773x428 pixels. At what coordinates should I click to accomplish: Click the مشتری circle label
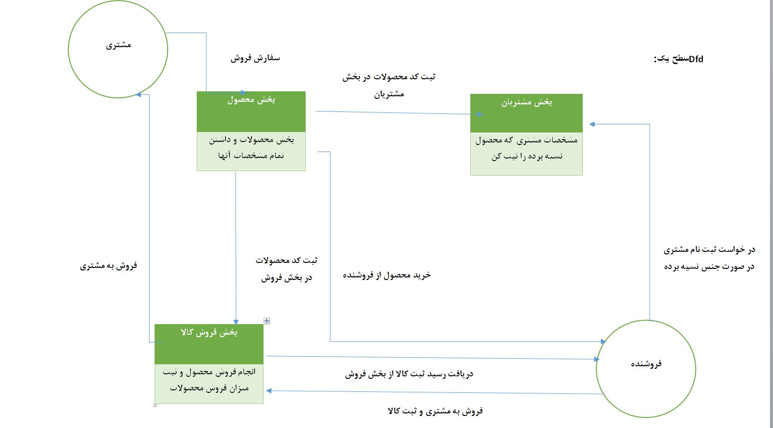pyautogui.click(x=118, y=45)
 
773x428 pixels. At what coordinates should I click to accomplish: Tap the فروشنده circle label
pyautogui.click(x=646, y=363)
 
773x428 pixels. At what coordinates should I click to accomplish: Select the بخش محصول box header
pyautogui.click(x=251, y=100)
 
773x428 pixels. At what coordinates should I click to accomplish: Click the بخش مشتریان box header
pyautogui.click(x=527, y=102)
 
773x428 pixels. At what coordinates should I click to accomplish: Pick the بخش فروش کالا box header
pyautogui.click(x=209, y=333)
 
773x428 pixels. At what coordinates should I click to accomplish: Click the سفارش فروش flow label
pyautogui.click(x=255, y=58)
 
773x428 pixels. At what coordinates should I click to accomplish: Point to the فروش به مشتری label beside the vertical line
pyautogui.click(x=108, y=265)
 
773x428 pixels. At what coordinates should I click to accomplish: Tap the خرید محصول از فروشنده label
pyautogui.click(x=386, y=275)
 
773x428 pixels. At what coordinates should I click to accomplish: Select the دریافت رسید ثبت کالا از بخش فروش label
pyautogui.click(x=409, y=374)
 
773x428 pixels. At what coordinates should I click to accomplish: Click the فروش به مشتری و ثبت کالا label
pyautogui.click(x=435, y=411)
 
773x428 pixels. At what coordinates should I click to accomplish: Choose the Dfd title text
pyautogui.click(x=679, y=59)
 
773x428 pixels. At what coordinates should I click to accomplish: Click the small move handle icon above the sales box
pyautogui.click(x=267, y=321)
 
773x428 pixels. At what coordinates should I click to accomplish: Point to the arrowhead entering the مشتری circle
pyautogui.click(x=139, y=94)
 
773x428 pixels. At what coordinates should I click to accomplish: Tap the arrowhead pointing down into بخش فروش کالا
pyautogui.click(x=236, y=322)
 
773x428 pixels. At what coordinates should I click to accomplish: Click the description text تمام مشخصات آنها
pyautogui.click(x=251, y=156)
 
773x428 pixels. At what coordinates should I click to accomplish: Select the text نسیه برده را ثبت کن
pyautogui.click(x=527, y=156)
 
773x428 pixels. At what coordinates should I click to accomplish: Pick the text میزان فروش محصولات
pyautogui.click(x=209, y=388)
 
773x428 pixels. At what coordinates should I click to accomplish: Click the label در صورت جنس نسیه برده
pyautogui.click(x=709, y=266)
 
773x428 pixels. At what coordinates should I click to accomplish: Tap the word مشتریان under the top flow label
pyautogui.click(x=389, y=94)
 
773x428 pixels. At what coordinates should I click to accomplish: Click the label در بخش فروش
pyautogui.click(x=287, y=277)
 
